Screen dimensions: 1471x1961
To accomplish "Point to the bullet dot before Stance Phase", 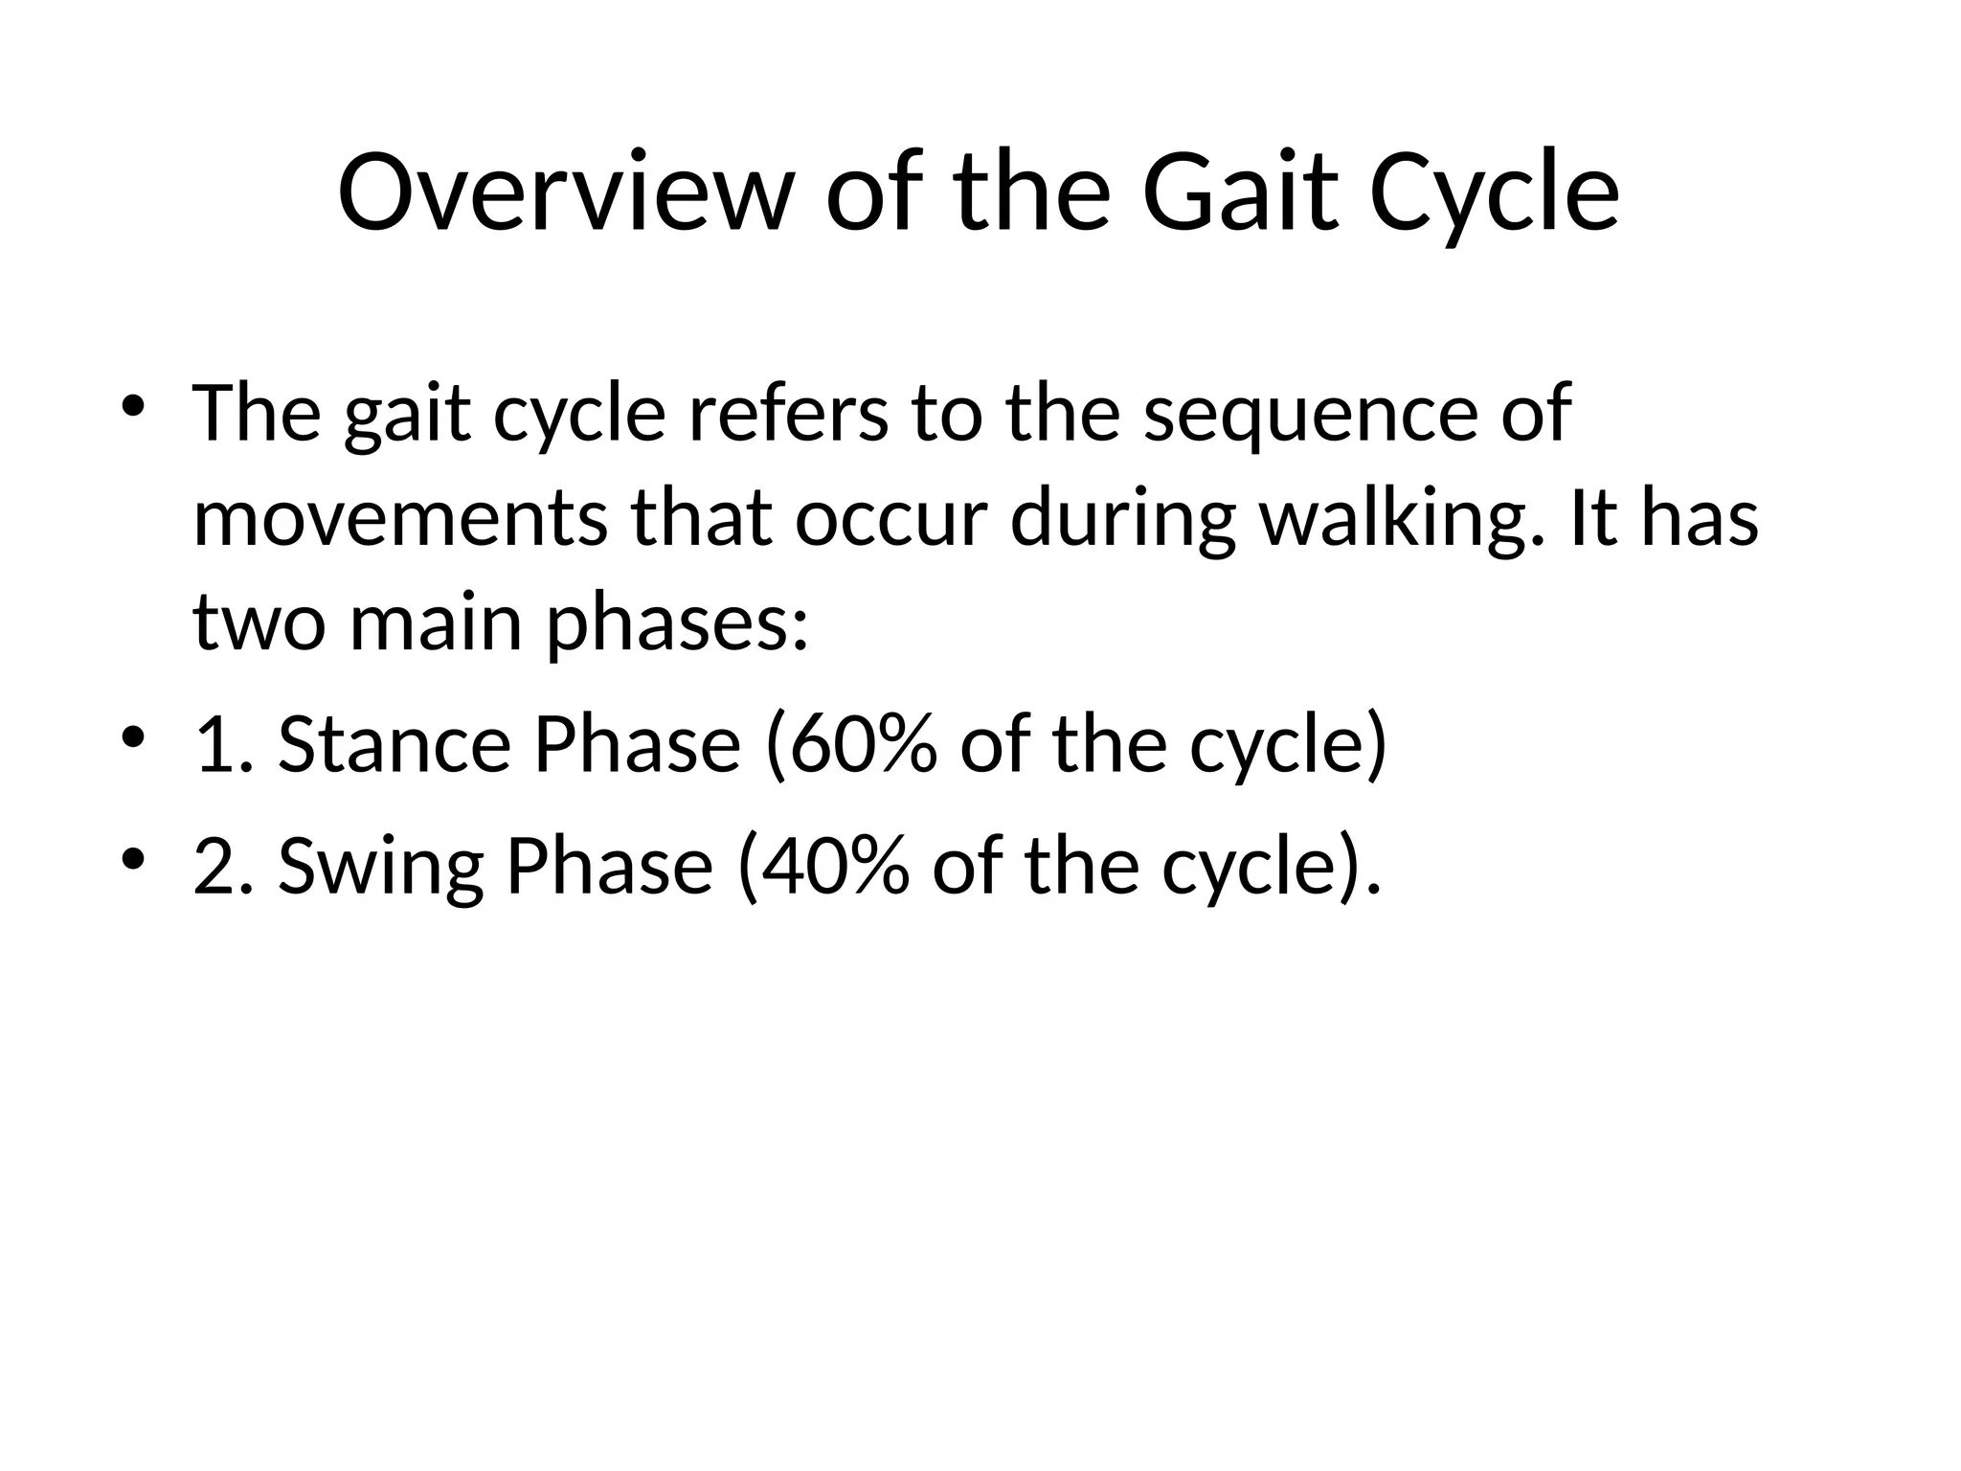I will (133, 736).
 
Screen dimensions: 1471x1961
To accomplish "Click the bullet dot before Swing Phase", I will (133, 857).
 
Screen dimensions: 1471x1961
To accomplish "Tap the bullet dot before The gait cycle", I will (133, 404).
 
